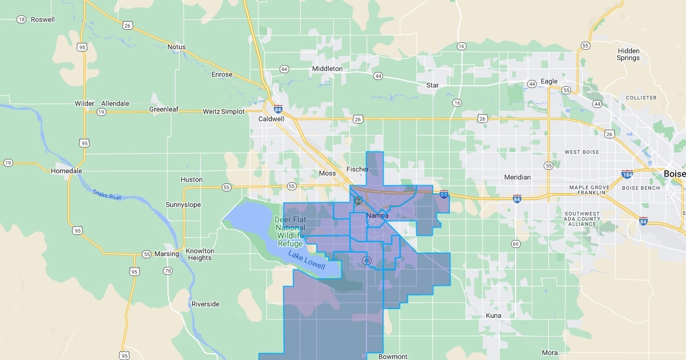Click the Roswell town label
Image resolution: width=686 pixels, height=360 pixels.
[43, 19]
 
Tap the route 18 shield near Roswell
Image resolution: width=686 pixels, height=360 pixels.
[21, 19]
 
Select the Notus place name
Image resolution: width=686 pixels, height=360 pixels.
[177, 47]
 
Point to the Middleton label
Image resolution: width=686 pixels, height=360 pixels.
[327, 69]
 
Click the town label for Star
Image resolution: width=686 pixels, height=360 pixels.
[433, 86]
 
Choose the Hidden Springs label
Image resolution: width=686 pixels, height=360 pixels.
[628, 54]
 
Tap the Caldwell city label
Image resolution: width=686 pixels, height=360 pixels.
[271, 119]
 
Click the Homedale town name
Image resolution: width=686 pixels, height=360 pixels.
[66, 171]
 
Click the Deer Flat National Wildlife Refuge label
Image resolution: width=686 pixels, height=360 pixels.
[290, 231]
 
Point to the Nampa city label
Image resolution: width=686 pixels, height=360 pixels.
[377, 215]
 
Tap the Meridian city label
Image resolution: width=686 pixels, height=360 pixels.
[517, 177]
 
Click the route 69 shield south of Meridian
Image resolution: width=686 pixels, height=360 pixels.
[516, 244]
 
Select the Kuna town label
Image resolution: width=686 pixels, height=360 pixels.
[493, 315]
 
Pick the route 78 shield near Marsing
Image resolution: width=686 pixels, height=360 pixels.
[167, 270]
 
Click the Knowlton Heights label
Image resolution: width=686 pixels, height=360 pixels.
[200, 254]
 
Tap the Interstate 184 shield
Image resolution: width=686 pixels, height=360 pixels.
[627, 174]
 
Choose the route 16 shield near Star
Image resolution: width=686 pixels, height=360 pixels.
[457, 103]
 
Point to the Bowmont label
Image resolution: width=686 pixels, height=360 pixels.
[393, 357]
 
